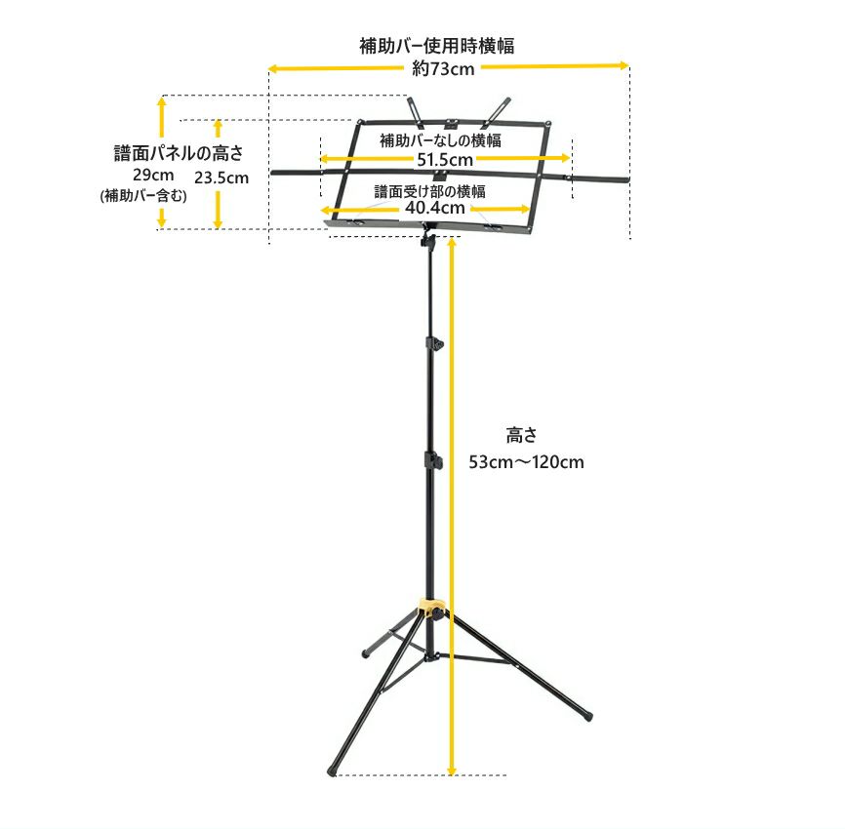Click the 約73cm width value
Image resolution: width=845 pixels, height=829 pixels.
tap(443, 68)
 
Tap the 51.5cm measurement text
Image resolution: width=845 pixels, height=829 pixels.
tap(445, 159)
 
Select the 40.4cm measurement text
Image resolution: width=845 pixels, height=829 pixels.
tap(435, 208)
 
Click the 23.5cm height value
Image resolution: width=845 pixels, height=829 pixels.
tap(221, 178)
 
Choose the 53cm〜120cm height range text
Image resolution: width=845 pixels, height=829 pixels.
tap(526, 462)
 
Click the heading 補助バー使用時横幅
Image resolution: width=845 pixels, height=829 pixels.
tap(436, 46)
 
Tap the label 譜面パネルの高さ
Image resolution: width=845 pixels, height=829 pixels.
tap(178, 153)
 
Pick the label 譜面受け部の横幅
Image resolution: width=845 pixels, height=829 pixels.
tap(430, 190)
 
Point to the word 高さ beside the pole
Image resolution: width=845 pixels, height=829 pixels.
tap(522, 435)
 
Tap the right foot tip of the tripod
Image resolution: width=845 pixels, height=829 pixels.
tap(587, 716)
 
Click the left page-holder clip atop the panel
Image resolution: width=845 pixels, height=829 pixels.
tap(414, 108)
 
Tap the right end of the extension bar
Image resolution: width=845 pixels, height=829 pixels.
tap(624, 179)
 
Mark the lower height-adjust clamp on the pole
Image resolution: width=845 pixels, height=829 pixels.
tap(431, 460)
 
